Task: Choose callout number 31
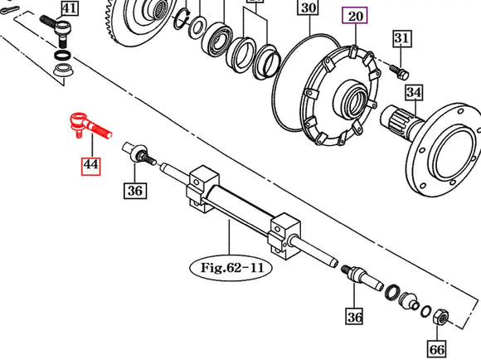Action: (x=401, y=38)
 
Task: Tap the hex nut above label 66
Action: (x=440, y=316)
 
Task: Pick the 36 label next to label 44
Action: (x=135, y=191)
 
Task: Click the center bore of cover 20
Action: (x=347, y=105)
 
